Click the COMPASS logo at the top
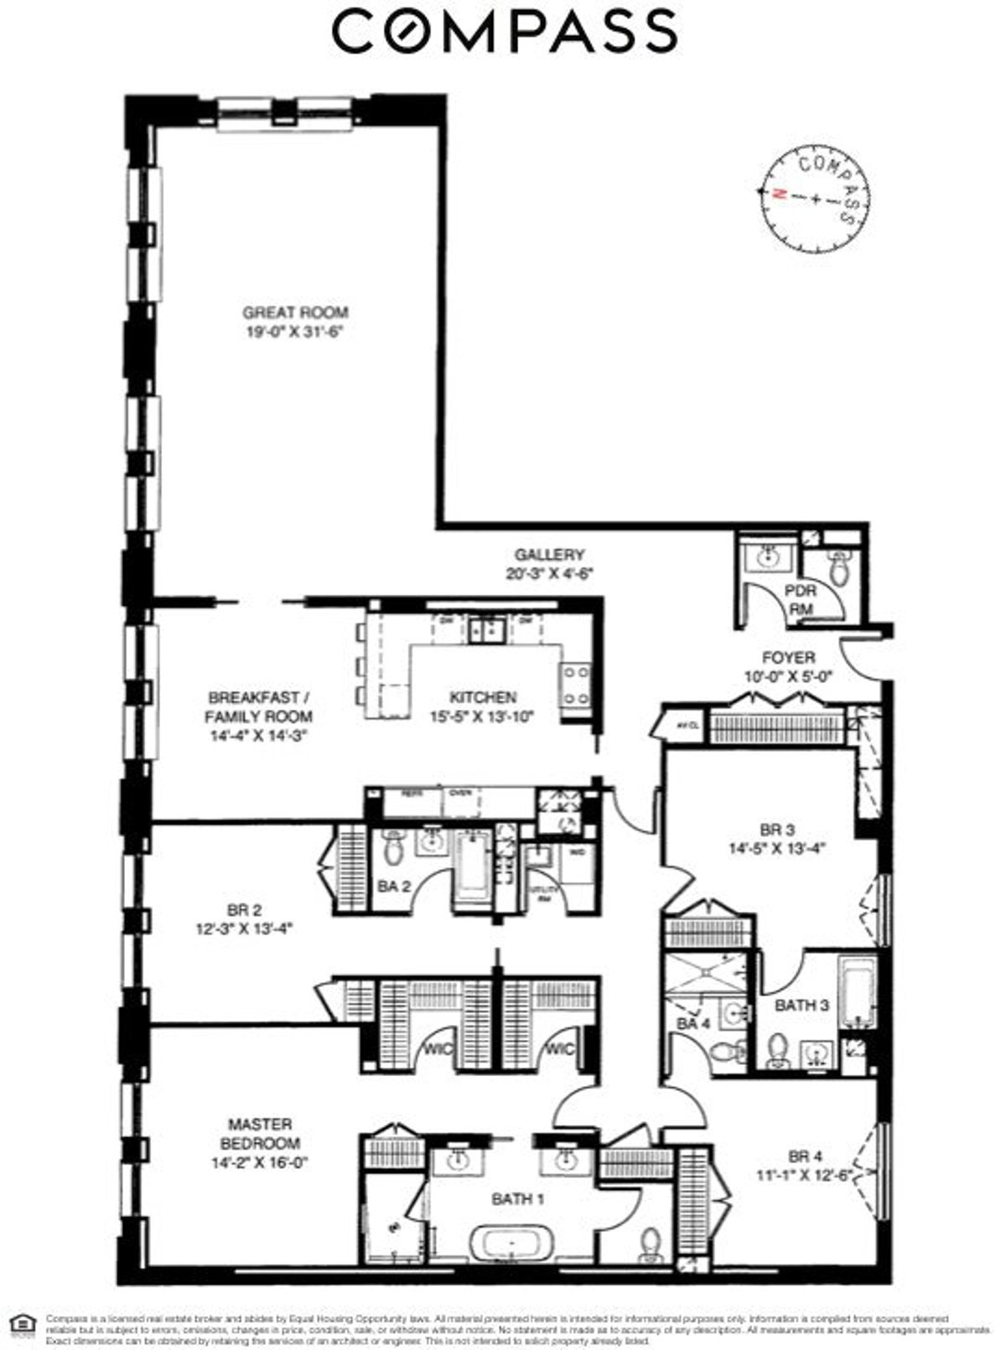click(x=505, y=32)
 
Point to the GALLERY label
click(x=549, y=555)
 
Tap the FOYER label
click(x=787, y=657)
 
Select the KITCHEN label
click(x=483, y=697)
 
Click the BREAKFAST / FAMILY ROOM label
click(x=259, y=706)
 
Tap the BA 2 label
click(x=392, y=886)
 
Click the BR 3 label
click(x=776, y=830)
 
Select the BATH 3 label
click(x=801, y=1005)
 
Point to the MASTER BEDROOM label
click(x=260, y=1134)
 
